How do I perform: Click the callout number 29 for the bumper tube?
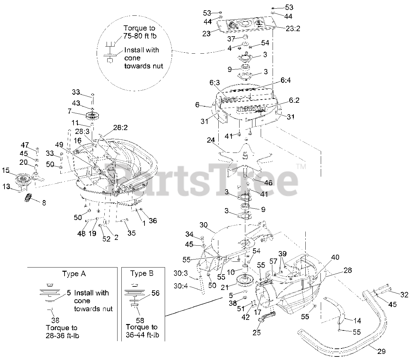click(x=381, y=352)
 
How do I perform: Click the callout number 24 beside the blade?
click(x=211, y=140)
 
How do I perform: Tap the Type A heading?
click(x=74, y=274)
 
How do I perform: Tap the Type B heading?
click(x=142, y=274)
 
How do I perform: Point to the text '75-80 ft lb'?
click(x=140, y=36)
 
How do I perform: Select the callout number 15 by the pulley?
click(x=6, y=170)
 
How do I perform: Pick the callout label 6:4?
click(x=285, y=81)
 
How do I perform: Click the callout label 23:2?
click(x=293, y=28)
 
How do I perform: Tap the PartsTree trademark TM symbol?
click(x=301, y=166)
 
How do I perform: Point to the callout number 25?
click(x=257, y=333)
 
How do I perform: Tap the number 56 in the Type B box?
click(x=155, y=293)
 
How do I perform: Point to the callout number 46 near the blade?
click(x=268, y=183)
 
